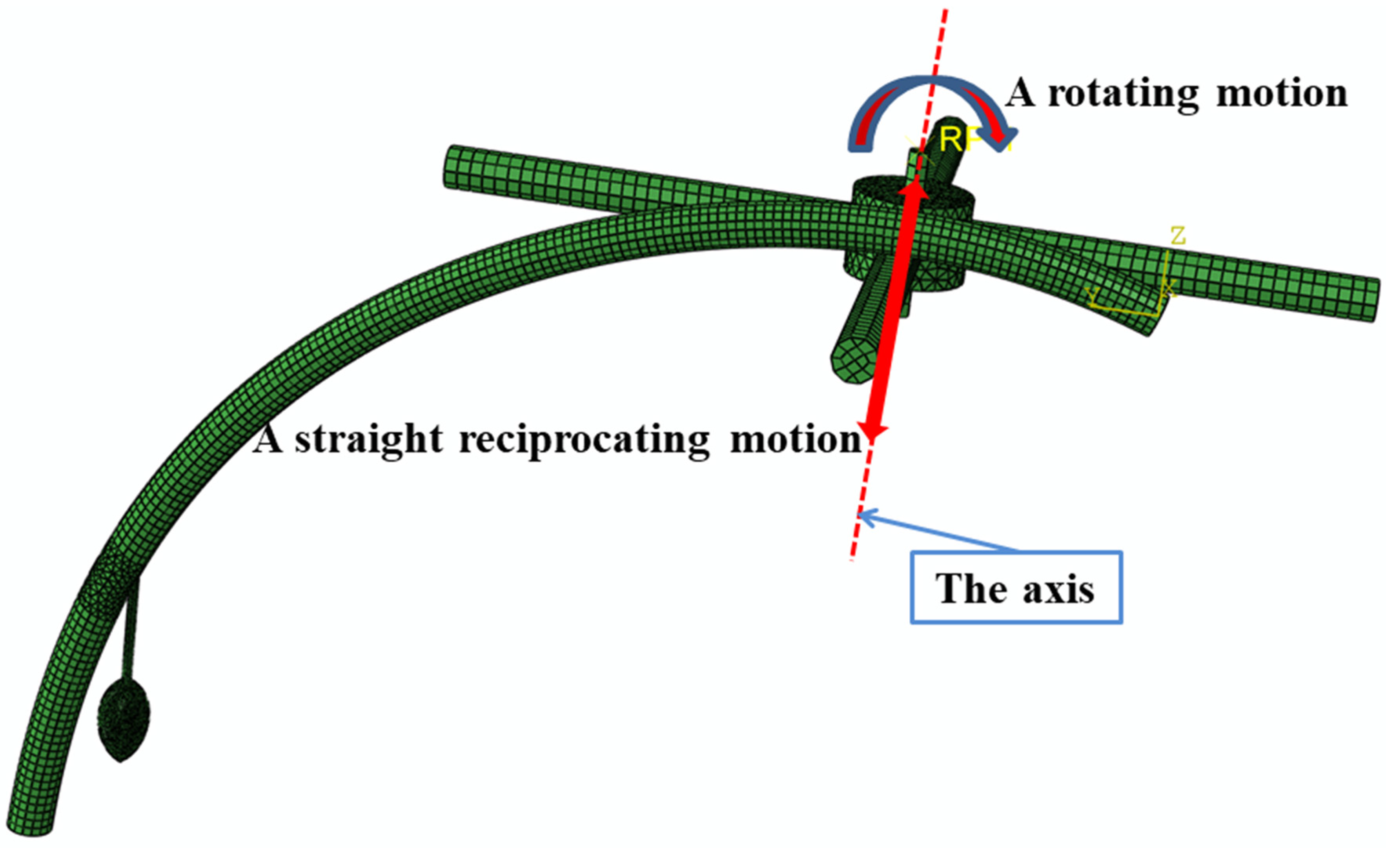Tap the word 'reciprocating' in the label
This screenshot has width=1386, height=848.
coord(585,440)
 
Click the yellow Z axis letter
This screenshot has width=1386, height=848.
coord(1178,236)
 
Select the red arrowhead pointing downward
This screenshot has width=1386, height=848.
coord(872,431)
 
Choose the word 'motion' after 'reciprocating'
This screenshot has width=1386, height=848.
coord(796,440)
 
